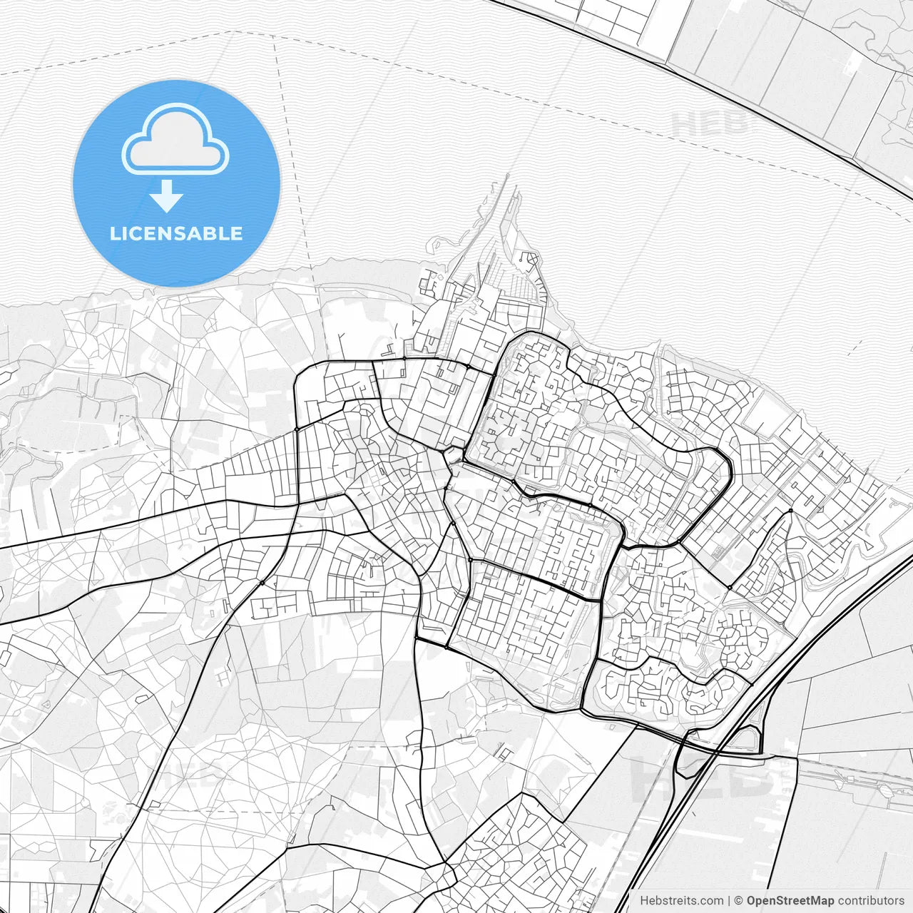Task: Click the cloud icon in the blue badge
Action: click(175, 140)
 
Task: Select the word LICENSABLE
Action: click(176, 233)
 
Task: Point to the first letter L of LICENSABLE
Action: click(114, 233)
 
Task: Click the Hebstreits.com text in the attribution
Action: click(680, 901)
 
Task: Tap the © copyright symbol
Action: click(739, 901)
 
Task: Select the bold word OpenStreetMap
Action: click(790, 901)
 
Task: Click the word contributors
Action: click(870, 901)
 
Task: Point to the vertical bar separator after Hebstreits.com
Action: click(728, 901)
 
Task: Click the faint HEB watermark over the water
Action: click(710, 123)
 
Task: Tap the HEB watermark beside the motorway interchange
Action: click(703, 777)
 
